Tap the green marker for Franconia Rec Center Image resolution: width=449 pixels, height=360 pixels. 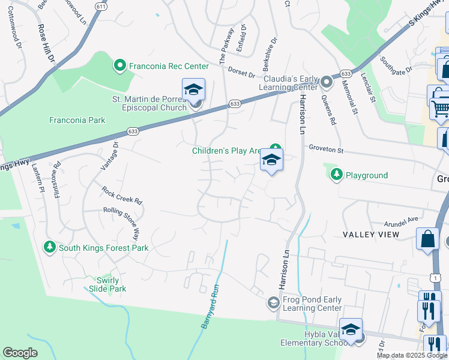pyautogui.click(x=119, y=65)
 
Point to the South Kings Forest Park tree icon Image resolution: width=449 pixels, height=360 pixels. pyautogui.click(x=49, y=247)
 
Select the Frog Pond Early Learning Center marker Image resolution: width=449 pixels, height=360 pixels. pyautogui.click(x=273, y=302)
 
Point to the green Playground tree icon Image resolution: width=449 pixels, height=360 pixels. pyautogui.click(x=337, y=175)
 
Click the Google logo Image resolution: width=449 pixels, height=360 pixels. pyautogui.click(x=20, y=353)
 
